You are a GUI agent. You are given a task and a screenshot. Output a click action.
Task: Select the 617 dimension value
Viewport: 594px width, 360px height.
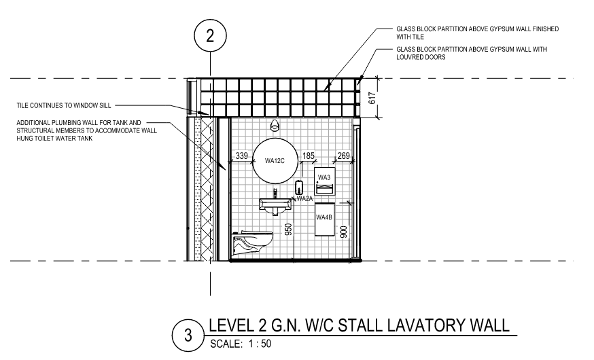[372, 98]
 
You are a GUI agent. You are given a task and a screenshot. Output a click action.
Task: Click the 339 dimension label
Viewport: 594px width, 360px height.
[242, 156]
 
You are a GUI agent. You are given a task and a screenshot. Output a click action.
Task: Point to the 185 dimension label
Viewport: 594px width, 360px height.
[309, 156]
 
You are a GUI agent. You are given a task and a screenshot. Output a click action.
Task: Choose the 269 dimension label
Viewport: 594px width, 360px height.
[343, 156]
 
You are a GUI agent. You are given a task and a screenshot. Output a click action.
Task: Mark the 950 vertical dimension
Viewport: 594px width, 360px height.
[288, 230]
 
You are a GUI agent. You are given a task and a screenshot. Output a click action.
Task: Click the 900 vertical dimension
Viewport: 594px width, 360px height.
[344, 232]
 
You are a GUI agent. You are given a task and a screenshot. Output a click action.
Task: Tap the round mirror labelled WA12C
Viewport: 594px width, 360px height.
[275, 160]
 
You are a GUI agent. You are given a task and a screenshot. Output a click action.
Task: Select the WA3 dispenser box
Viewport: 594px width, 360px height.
[325, 181]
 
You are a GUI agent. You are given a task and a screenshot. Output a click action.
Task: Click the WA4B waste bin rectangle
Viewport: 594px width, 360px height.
[325, 219]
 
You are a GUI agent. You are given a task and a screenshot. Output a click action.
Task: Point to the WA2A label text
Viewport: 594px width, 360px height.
[305, 198]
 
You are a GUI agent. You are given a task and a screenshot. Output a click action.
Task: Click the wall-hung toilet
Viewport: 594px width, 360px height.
[252, 242]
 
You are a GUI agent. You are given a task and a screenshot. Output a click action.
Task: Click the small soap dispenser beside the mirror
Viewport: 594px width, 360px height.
[300, 187]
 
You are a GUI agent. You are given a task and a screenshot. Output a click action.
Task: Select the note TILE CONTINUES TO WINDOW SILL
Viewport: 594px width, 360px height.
[64, 105]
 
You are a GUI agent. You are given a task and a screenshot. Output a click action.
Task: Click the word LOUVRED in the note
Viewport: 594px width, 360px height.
[410, 57]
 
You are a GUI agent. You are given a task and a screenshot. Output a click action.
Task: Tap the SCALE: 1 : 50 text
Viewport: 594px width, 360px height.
[241, 344]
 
